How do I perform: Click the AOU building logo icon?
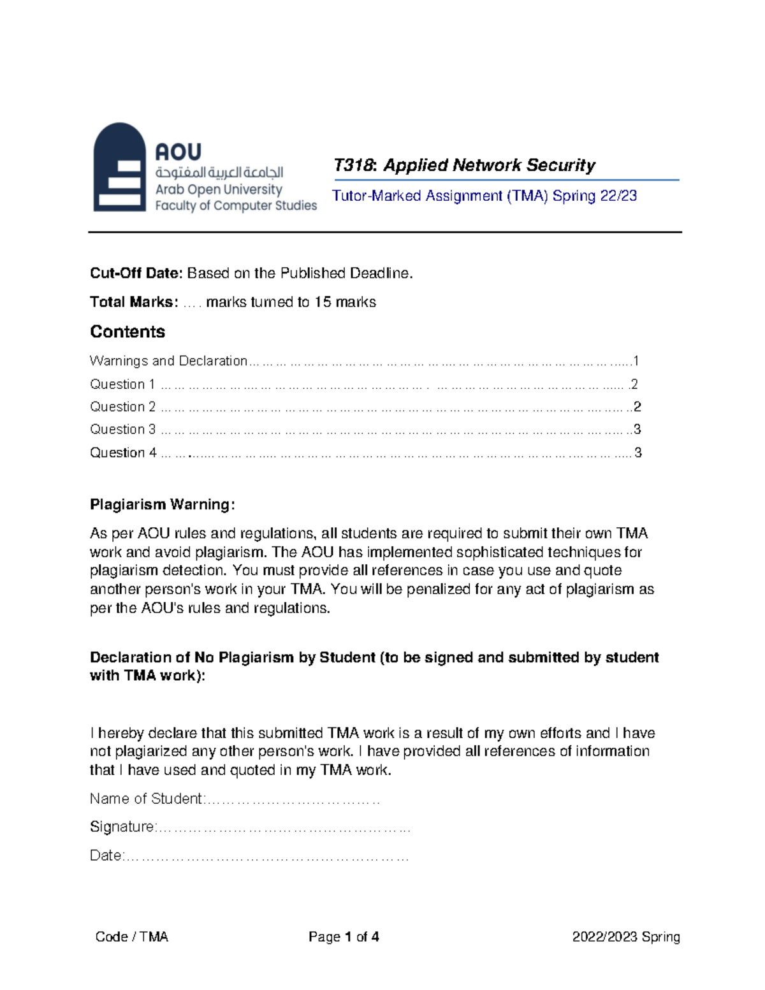click(119, 167)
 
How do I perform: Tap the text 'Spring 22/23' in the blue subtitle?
click(594, 196)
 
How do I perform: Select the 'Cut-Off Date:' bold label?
click(136, 273)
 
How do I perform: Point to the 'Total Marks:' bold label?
click(134, 302)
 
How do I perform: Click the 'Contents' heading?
click(127, 332)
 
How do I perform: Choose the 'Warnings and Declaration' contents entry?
click(168, 361)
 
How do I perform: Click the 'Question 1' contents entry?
click(122, 384)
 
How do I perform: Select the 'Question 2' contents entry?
click(122, 407)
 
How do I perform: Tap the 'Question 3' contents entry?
click(122, 430)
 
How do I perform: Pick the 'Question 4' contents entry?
click(123, 453)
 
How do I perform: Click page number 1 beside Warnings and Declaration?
click(635, 361)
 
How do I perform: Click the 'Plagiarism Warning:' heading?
click(163, 505)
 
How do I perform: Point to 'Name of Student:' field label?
click(147, 799)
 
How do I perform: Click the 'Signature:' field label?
click(123, 827)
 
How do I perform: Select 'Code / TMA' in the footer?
click(131, 936)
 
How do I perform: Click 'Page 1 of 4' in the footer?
click(344, 936)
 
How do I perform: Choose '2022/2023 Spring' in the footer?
click(625, 936)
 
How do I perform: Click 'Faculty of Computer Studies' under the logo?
click(236, 206)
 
